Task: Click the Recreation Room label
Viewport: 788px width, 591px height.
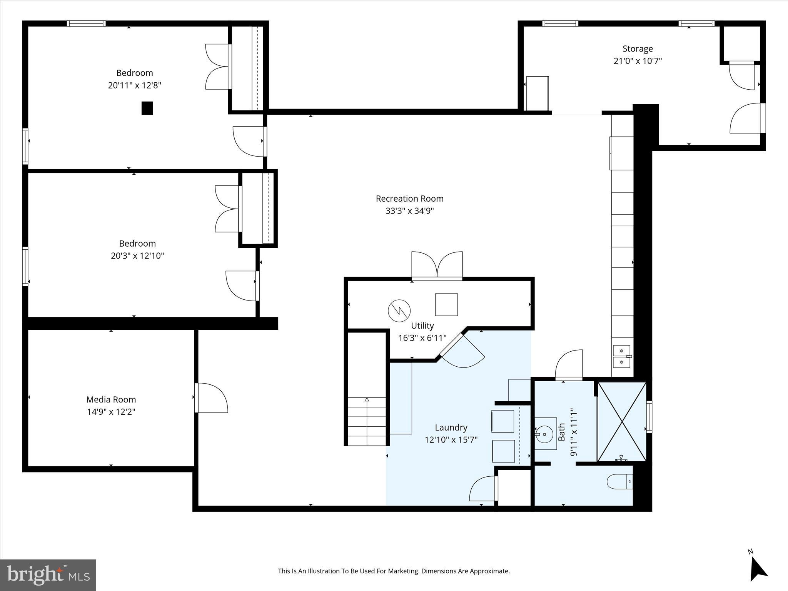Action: [409, 199]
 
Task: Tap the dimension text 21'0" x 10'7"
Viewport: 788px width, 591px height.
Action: [638, 61]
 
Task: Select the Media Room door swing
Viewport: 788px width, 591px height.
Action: [212, 398]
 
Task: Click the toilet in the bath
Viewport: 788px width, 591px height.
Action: [619, 482]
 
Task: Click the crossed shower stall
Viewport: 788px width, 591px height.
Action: [622, 421]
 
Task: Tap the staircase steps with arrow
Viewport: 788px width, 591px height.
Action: [367, 421]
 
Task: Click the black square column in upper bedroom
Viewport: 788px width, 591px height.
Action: [147, 108]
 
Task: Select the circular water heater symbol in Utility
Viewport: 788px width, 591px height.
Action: [399, 311]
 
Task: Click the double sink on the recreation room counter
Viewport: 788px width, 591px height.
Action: [621, 357]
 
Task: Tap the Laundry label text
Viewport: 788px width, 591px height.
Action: [451, 427]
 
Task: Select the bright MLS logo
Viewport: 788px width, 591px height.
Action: [48, 575]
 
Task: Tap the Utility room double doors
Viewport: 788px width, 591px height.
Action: [437, 265]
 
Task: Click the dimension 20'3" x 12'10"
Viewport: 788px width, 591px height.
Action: [137, 255]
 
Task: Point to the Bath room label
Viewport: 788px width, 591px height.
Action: [561, 432]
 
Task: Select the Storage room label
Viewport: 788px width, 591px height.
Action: [638, 49]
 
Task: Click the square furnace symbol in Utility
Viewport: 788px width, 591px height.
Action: [446, 305]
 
